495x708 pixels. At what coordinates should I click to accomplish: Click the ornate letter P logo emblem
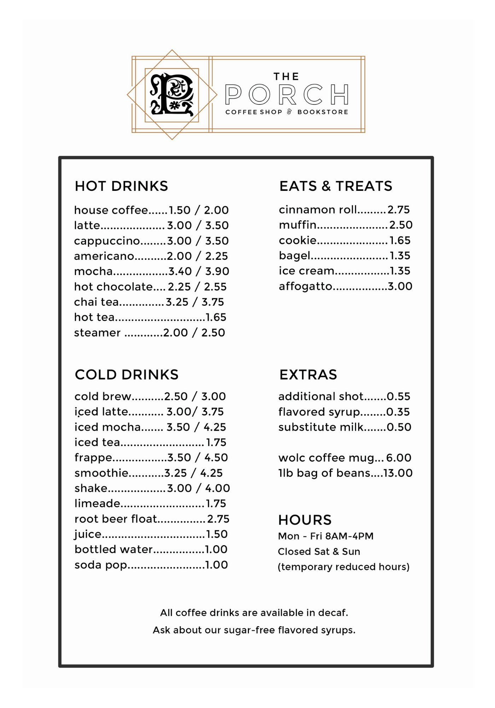tap(172, 95)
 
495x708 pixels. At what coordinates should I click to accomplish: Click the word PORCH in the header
tap(287, 95)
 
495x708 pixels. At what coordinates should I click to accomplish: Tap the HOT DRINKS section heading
tap(121, 186)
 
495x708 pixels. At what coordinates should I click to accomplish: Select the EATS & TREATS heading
tap(336, 186)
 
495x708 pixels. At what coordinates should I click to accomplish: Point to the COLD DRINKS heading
tap(127, 375)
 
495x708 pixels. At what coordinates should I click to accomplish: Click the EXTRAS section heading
tap(308, 375)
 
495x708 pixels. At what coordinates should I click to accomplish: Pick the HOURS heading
tap(305, 520)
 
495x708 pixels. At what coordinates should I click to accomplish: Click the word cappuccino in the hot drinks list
tap(107, 241)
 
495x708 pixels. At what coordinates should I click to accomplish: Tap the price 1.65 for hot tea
tap(216, 317)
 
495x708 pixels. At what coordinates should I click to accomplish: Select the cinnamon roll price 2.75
tap(398, 210)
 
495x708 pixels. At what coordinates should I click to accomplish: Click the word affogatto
tap(305, 286)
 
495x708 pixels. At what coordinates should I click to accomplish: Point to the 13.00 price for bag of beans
tap(398, 473)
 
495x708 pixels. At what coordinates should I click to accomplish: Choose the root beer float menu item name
tap(115, 519)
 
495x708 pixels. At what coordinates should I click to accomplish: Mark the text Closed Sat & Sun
tap(319, 552)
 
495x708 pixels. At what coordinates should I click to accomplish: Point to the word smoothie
tap(101, 473)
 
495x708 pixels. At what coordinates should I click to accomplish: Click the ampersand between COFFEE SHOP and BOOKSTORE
tap(290, 112)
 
